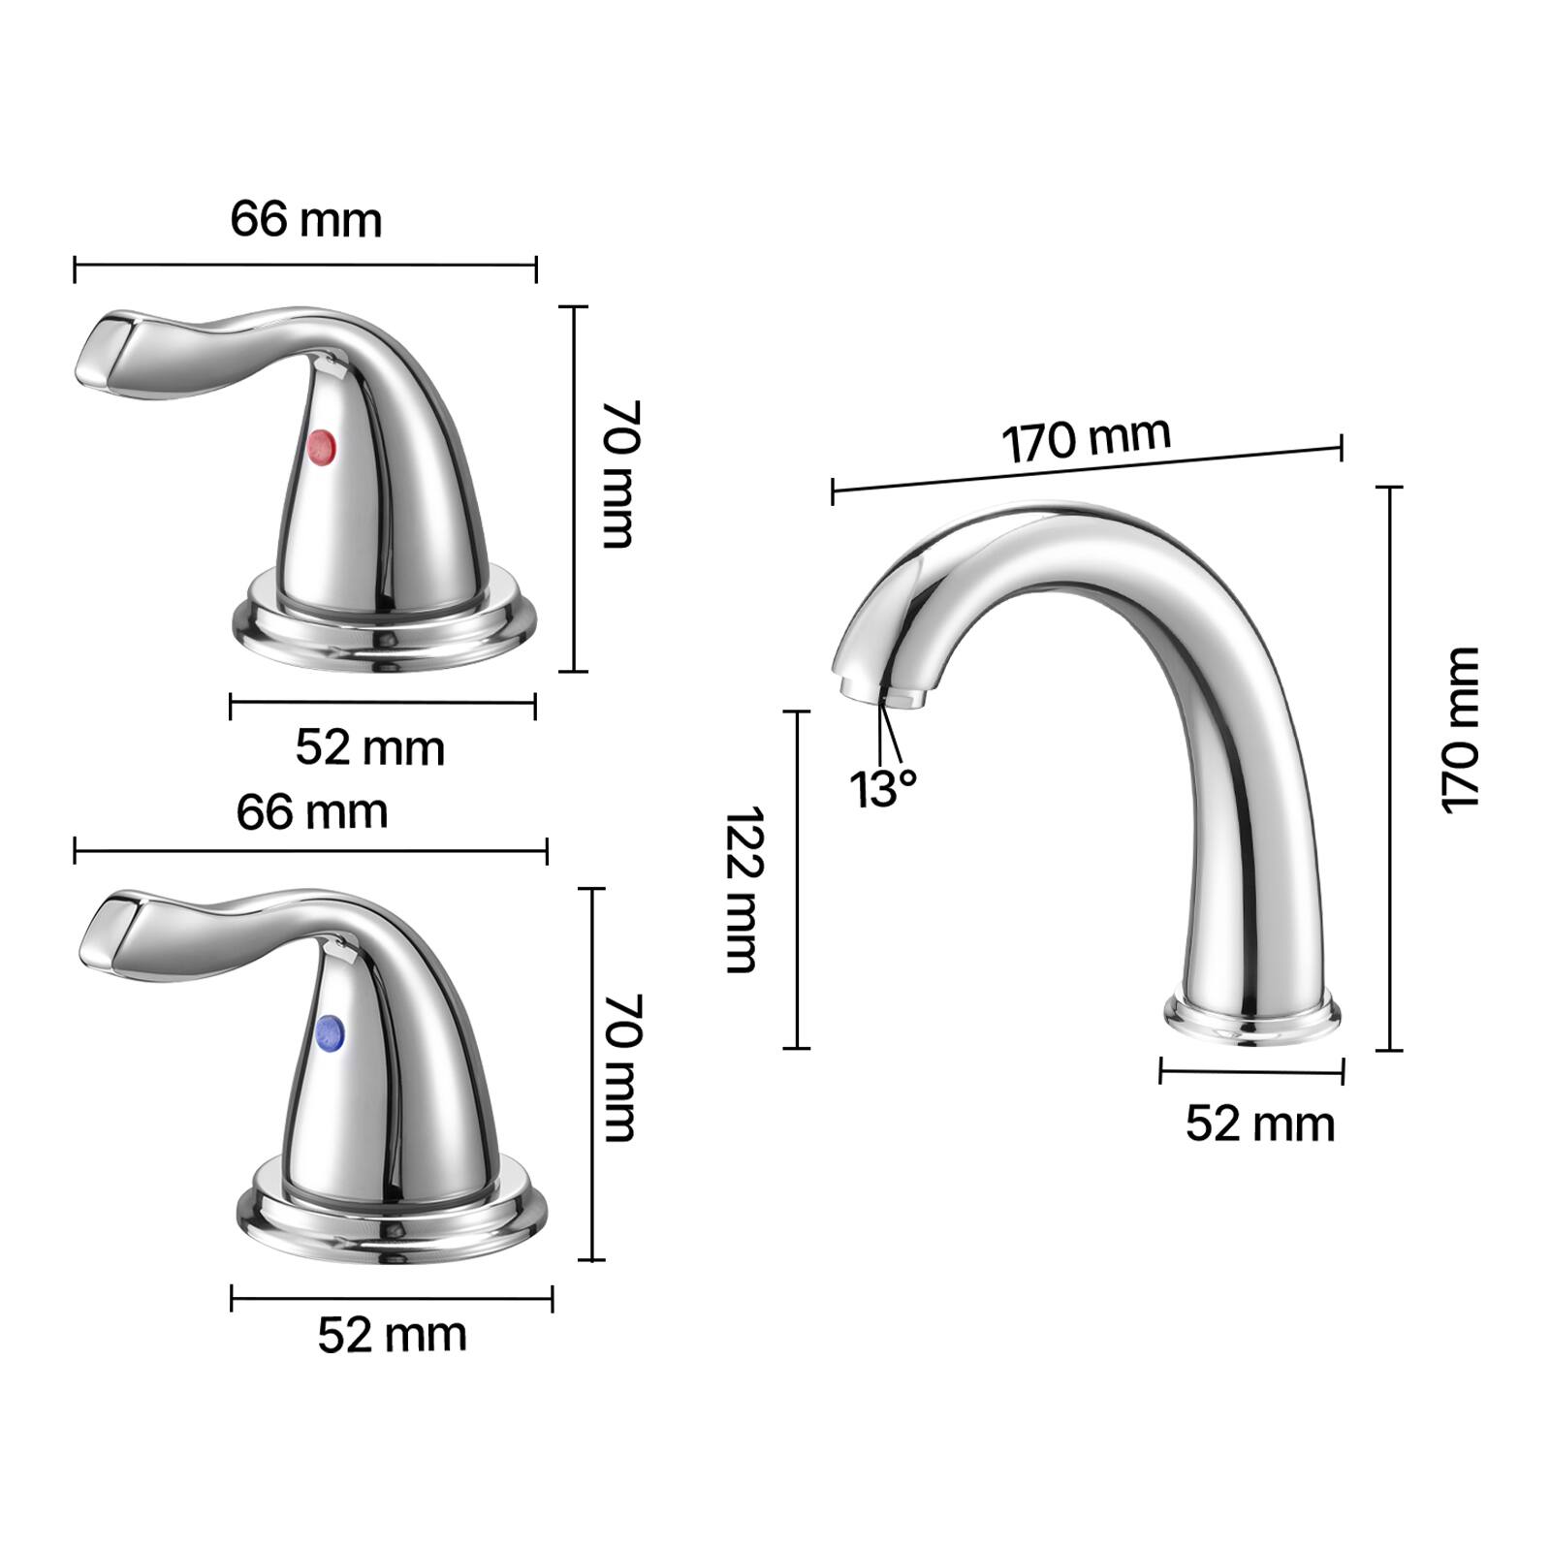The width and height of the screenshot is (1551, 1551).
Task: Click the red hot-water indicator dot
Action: (x=321, y=447)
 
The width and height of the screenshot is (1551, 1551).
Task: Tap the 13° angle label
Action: (x=882, y=788)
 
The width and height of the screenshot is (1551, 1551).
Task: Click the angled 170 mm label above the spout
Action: (x=1086, y=439)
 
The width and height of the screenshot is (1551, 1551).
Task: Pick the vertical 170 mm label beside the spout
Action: (x=1461, y=729)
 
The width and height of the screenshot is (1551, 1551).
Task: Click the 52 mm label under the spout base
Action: (x=1259, y=1124)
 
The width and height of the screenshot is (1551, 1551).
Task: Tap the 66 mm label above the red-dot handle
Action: (x=306, y=219)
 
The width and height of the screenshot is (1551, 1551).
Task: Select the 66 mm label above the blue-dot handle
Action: (x=312, y=811)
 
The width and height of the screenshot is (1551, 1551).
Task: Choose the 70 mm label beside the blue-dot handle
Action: (x=620, y=1066)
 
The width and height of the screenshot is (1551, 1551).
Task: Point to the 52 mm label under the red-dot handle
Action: (x=369, y=747)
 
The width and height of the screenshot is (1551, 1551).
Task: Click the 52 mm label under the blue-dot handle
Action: (x=392, y=1335)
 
